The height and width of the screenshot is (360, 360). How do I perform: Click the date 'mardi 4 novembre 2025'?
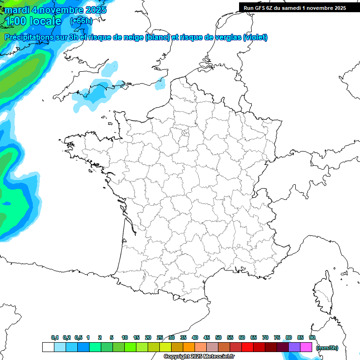click(x=55, y=10)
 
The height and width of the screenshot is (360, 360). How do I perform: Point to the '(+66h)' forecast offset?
click(x=81, y=21)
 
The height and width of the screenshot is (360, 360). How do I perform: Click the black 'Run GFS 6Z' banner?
click(x=295, y=7)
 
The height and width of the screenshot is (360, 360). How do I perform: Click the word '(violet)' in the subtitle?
click(x=255, y=37)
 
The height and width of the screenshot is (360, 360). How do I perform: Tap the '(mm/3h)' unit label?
click(x=327, y=348)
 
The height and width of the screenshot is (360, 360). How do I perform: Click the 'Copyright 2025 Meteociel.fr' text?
click(x=199, y=357)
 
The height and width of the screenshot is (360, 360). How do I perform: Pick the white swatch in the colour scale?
click(x=48, y=347)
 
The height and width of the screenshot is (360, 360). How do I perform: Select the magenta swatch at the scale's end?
click(x=306, y=347)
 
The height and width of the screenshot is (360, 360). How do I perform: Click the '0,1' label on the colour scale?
click(x=55, y=337)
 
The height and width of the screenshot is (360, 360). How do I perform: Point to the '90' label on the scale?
click(x=312, y=337)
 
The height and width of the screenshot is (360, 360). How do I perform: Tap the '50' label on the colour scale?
click(x=218, y=337)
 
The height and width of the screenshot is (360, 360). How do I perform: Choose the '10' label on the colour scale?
click(x=125, y=337)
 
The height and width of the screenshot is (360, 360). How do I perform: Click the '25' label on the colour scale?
click(x=160, y=337)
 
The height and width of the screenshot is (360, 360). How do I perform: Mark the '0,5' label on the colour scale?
click(x=78, y=337)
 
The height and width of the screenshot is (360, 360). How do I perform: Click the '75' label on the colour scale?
click(x=277, y=337)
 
